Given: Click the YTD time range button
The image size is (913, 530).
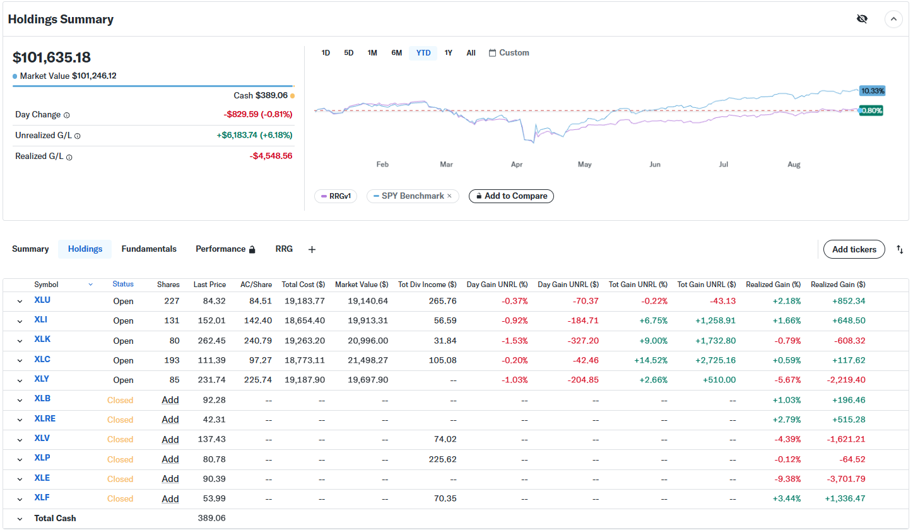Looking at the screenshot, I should pyautogui.click(x=423, y=53).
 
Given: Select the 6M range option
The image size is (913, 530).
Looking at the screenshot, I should pyautogui.click(x=396, y=53).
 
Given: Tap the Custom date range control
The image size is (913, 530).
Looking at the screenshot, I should pyautogui.click(x=509, y=53).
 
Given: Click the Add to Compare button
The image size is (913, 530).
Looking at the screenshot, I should pyautogui.click(x=511, y=196).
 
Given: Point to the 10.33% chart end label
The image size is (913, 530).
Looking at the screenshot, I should pyautogui.click(x=873, y=91).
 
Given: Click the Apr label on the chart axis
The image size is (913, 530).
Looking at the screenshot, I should pyautogui.click(x=516, y=165).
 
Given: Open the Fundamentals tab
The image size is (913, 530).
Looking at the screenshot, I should pyautogui.click(x=149, y=249).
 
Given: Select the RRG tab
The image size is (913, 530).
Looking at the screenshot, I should pyautogui.click(x=284, y=249).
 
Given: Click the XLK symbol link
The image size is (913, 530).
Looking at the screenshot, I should pyautogui.click(x=42, y=339).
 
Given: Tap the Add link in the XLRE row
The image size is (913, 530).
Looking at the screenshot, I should pyautogui.click(x=170, y=420).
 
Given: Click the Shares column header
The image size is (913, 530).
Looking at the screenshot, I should pyautogui.click(x=168, y=285).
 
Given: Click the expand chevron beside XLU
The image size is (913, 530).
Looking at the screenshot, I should pyautogui.click(x=20, y=302).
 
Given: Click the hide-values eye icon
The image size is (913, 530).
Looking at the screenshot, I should pyautogui.click(x=862, y=19).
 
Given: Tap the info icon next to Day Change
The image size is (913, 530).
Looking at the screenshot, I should pyautogui.click(x=67, y=115).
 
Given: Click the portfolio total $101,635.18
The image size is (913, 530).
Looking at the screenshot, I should pyautogui.click(x=52, y=57).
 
